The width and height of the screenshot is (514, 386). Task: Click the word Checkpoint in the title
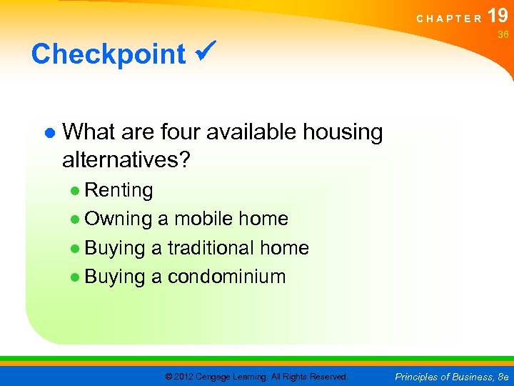109,54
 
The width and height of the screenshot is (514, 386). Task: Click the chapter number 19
498,16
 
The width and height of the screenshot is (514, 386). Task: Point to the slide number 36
503,34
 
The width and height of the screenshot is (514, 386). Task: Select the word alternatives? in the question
126,159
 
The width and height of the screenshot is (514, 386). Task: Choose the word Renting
119,190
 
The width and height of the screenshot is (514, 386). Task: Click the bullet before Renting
75,191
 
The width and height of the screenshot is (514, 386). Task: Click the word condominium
226,277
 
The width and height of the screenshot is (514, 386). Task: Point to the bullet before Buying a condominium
75,277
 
